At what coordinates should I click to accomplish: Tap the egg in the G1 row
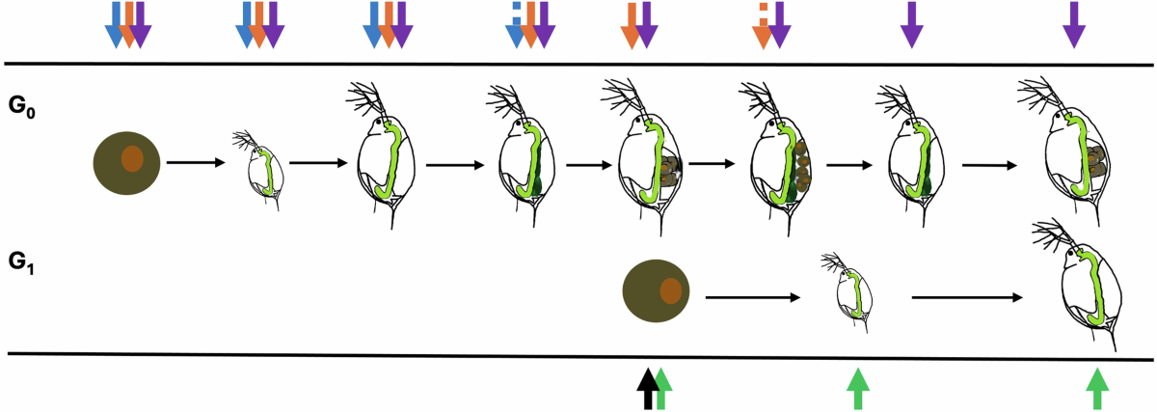[x=659, y=292]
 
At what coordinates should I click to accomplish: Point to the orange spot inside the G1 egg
[x=671, y=291]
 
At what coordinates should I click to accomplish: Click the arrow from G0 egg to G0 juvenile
[x=197, y=162]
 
